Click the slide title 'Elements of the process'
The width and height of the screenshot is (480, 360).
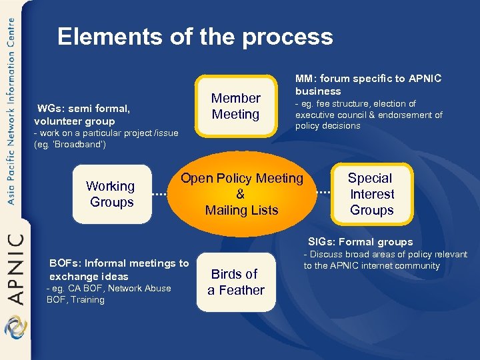pos(195,37)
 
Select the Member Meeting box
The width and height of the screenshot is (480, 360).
pos(235,106)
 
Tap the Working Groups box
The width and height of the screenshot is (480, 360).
pos(111,194)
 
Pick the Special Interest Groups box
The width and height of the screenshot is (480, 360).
pos(371,194)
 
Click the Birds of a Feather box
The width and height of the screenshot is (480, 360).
pos(236,282)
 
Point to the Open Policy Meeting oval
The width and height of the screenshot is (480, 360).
pos(241,194)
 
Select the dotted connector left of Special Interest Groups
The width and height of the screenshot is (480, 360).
pos(322,193)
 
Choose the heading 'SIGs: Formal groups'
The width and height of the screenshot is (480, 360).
pos(360,242)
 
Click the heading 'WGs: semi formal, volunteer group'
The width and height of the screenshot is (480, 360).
pos(83,115)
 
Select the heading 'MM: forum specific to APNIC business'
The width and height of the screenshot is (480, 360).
pos(367,85)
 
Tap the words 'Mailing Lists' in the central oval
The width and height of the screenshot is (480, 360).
pos(241,210)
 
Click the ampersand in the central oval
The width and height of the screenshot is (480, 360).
pos(241,194)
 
